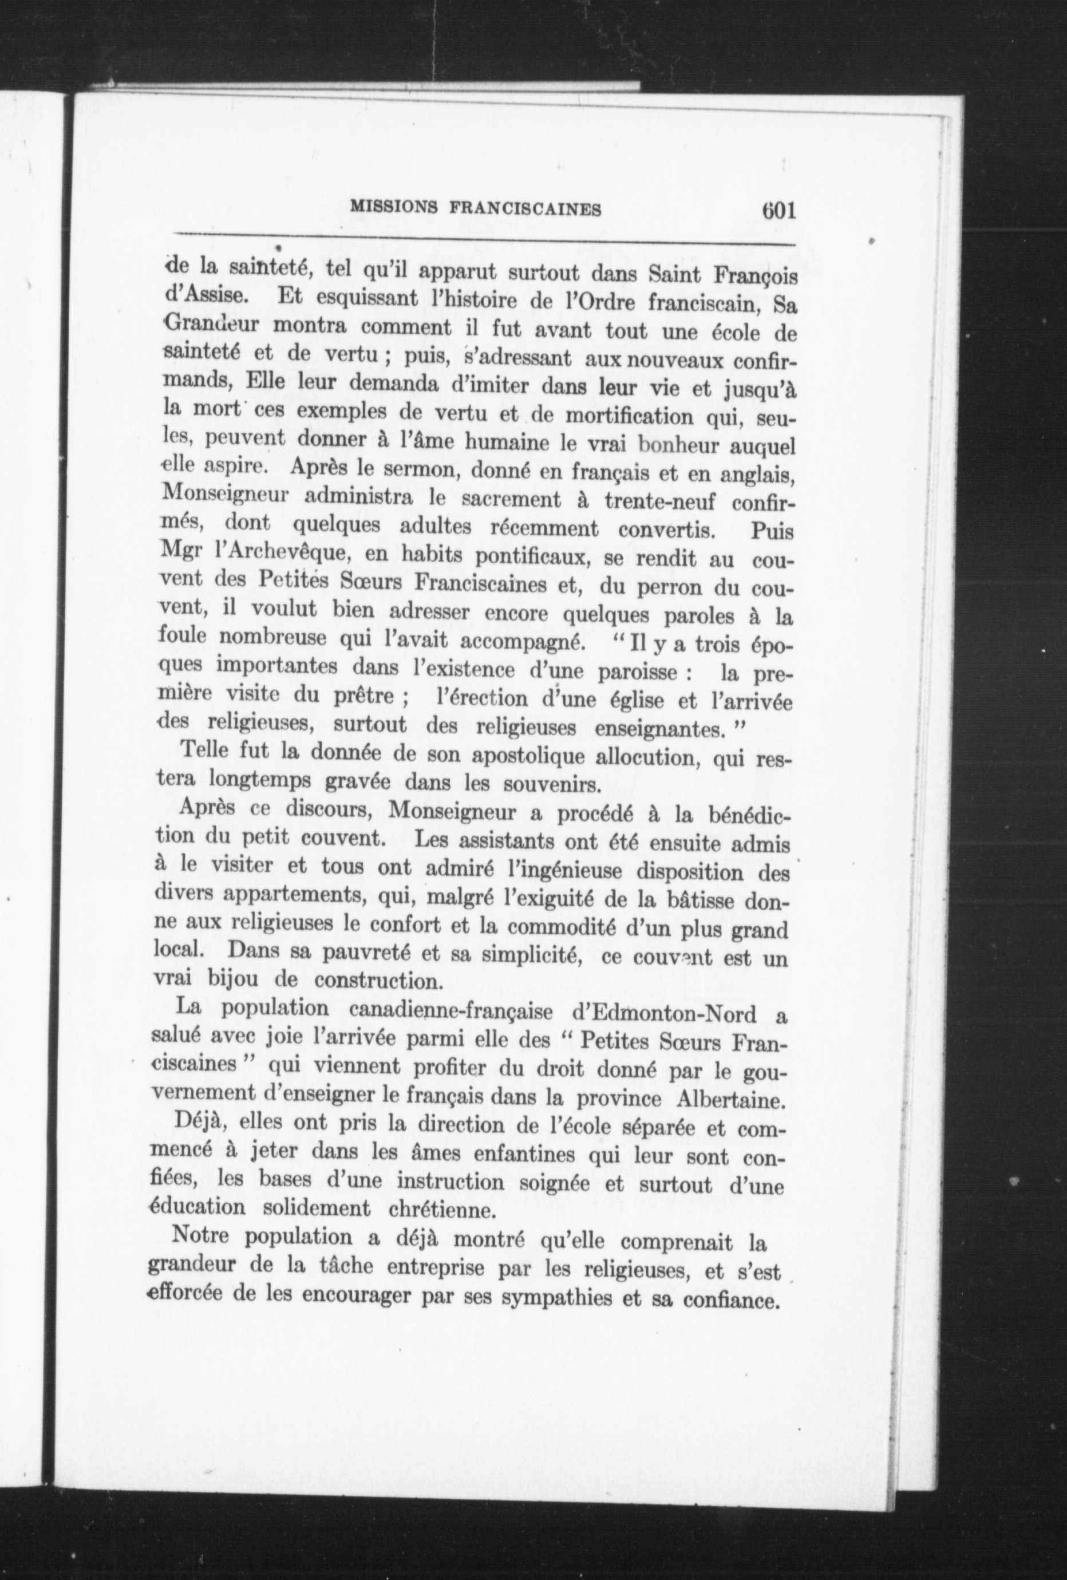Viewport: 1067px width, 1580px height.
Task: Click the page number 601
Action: [x=770, y=210]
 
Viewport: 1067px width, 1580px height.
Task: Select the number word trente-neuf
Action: [x=656, y=503]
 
